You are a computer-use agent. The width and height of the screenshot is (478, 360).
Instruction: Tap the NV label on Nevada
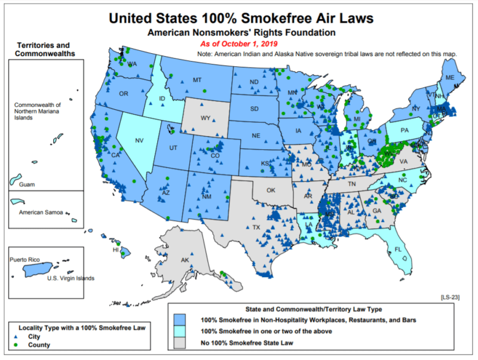(139, 141)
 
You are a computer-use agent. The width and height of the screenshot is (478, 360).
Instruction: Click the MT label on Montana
(197, 80)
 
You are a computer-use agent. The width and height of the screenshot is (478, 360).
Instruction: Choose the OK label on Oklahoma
(271, 190)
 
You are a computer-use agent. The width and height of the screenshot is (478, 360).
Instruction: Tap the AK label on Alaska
(185, 260)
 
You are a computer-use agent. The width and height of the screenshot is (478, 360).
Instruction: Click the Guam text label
(27, 185)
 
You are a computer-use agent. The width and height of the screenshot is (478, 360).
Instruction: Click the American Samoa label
(41, 211)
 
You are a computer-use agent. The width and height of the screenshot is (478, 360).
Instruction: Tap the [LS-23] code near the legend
(448, 296)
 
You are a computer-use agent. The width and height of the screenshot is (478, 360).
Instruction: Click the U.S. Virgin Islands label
(71, 278)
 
